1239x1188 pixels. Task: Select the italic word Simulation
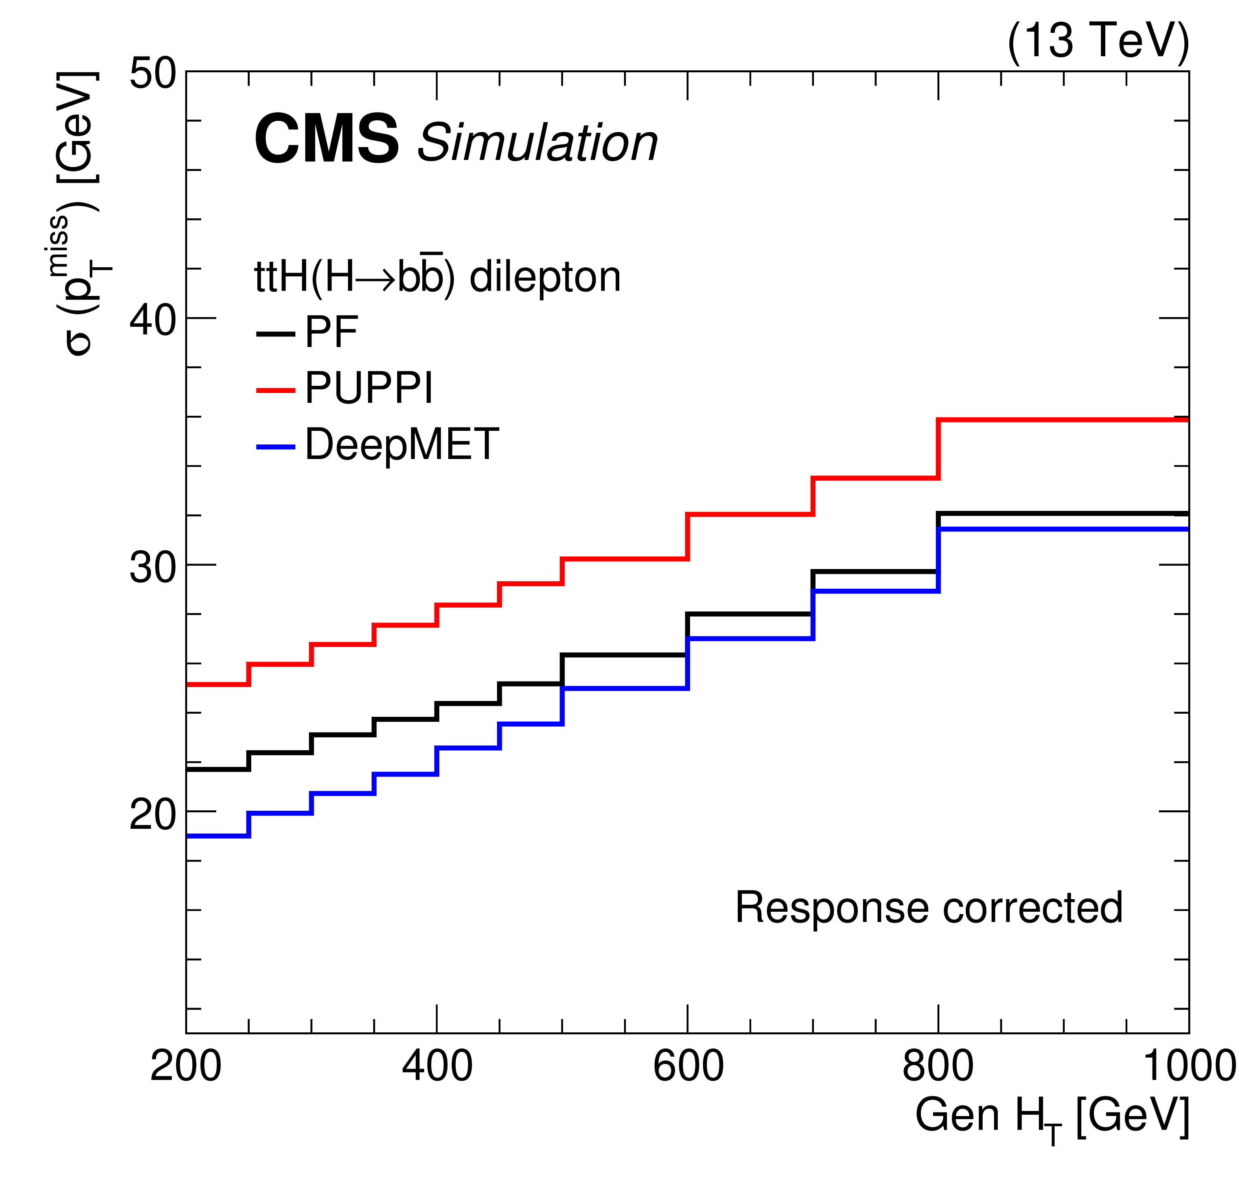tap(538, 143)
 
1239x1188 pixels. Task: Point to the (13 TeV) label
tap(1098, 40)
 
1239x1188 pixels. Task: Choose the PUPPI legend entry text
tap(369, 387)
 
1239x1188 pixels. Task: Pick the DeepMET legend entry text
tap(402, 444)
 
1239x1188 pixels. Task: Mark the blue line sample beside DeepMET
tap(276, 447)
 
